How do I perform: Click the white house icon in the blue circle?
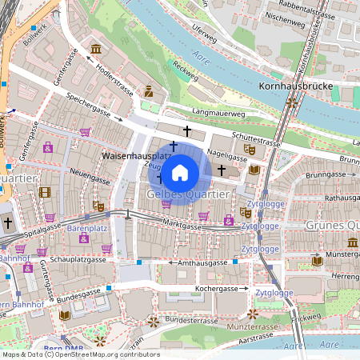click(x=180, y=172)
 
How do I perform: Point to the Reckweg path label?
click(x=185, y=74)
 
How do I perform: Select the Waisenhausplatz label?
click(x=134, y=152)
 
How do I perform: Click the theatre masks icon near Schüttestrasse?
click(x=250, y=148)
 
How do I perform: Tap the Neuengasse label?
click(x=89, y=172)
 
